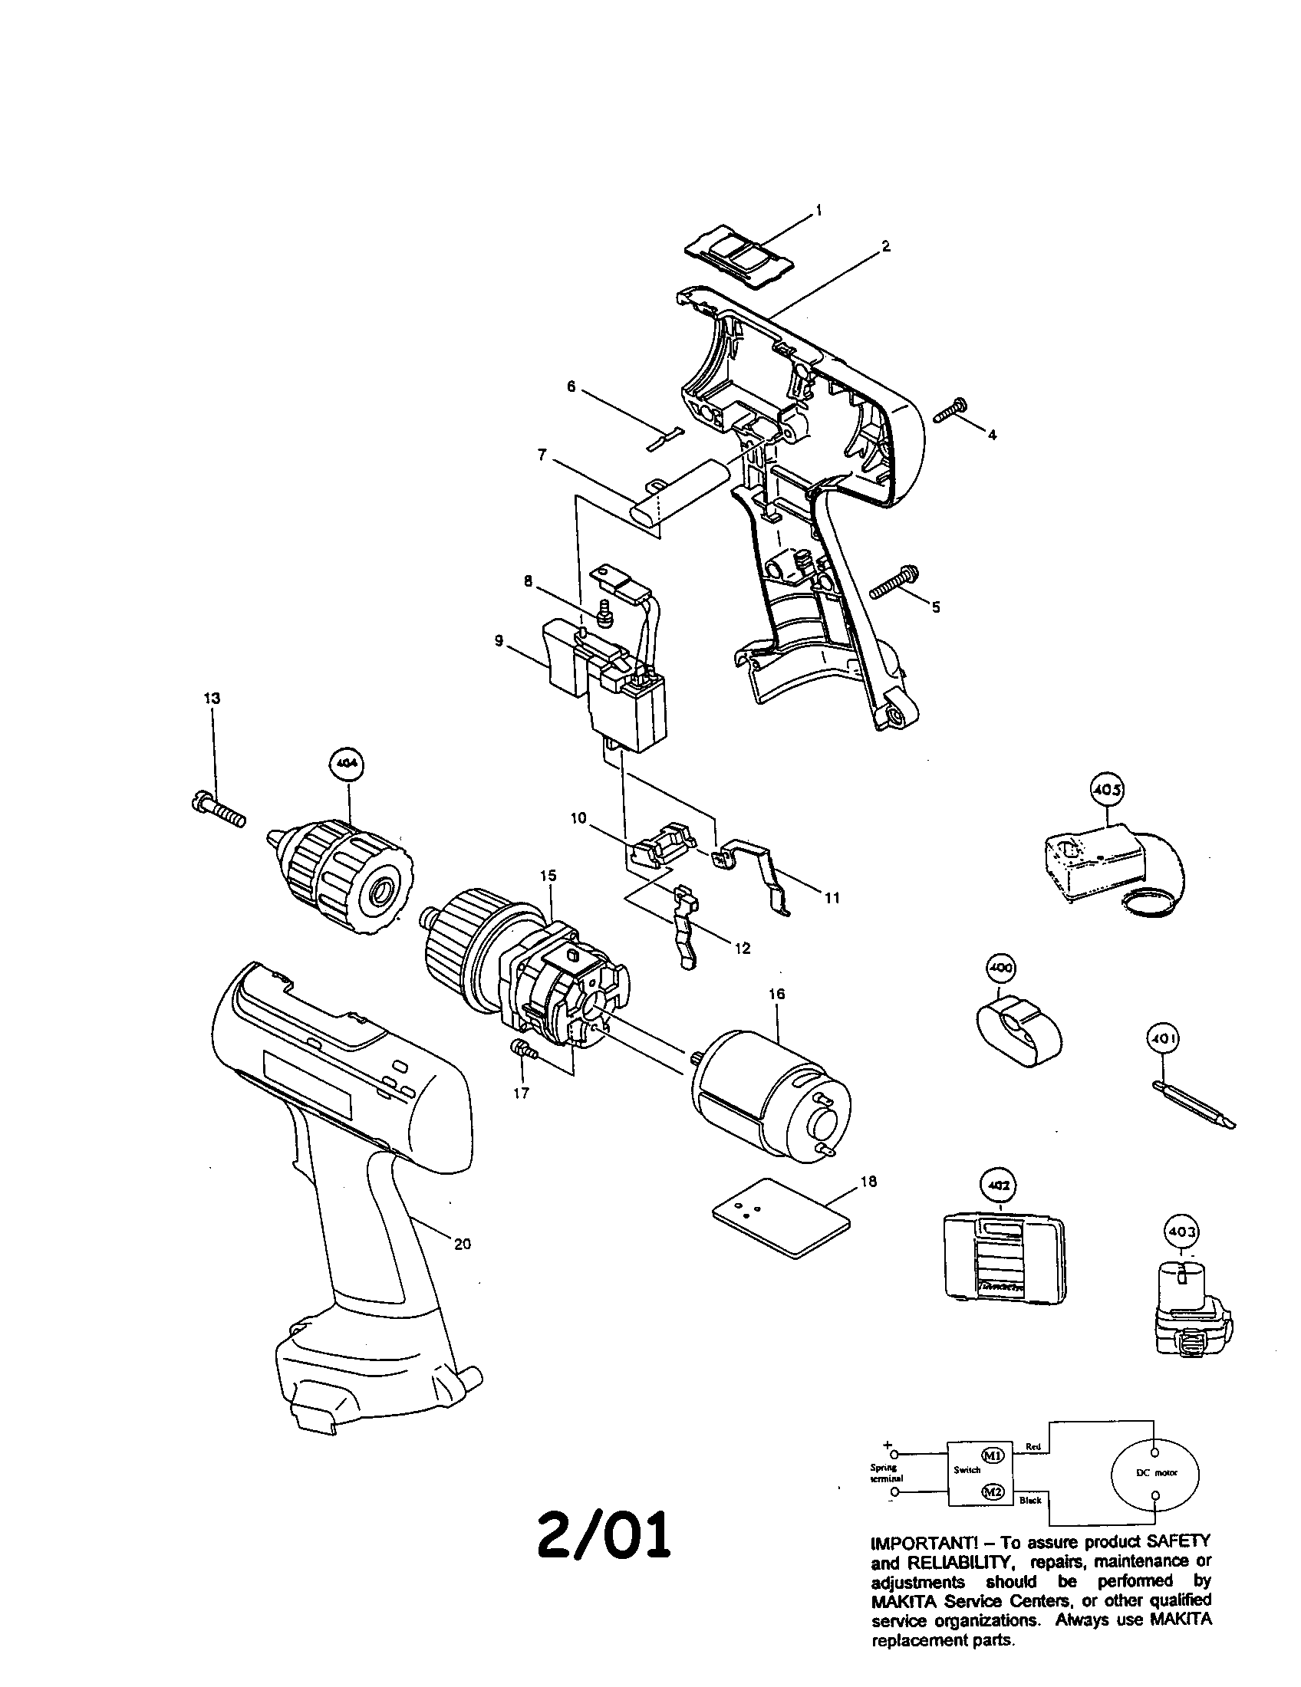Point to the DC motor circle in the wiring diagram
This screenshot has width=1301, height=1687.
[x=1155, y=1473]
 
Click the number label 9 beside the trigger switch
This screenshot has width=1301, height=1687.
[x=499, y=641]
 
